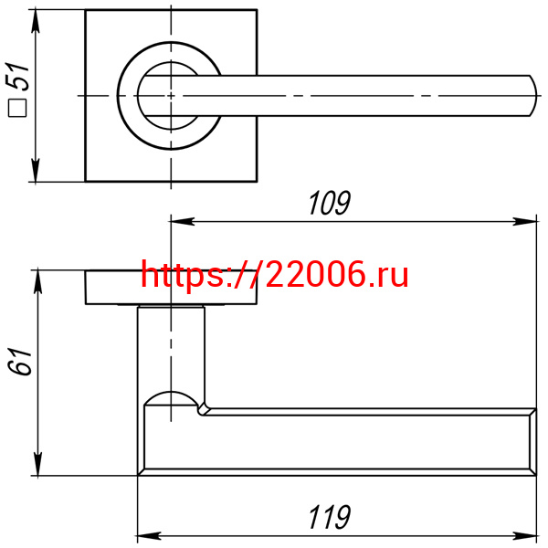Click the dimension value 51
tap(16, 77)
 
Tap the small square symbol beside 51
tap(17, 108)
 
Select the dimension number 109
tap(329, 203)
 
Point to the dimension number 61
tap(19, 362)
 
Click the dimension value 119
tap(329, 517)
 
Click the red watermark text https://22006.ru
tap(274, 275)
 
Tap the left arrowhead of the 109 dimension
tap(183, 221)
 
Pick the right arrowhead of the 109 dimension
tap(525, 221)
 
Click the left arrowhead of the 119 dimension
tap(150, 536)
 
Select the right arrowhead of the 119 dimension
tap(525, 536)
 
